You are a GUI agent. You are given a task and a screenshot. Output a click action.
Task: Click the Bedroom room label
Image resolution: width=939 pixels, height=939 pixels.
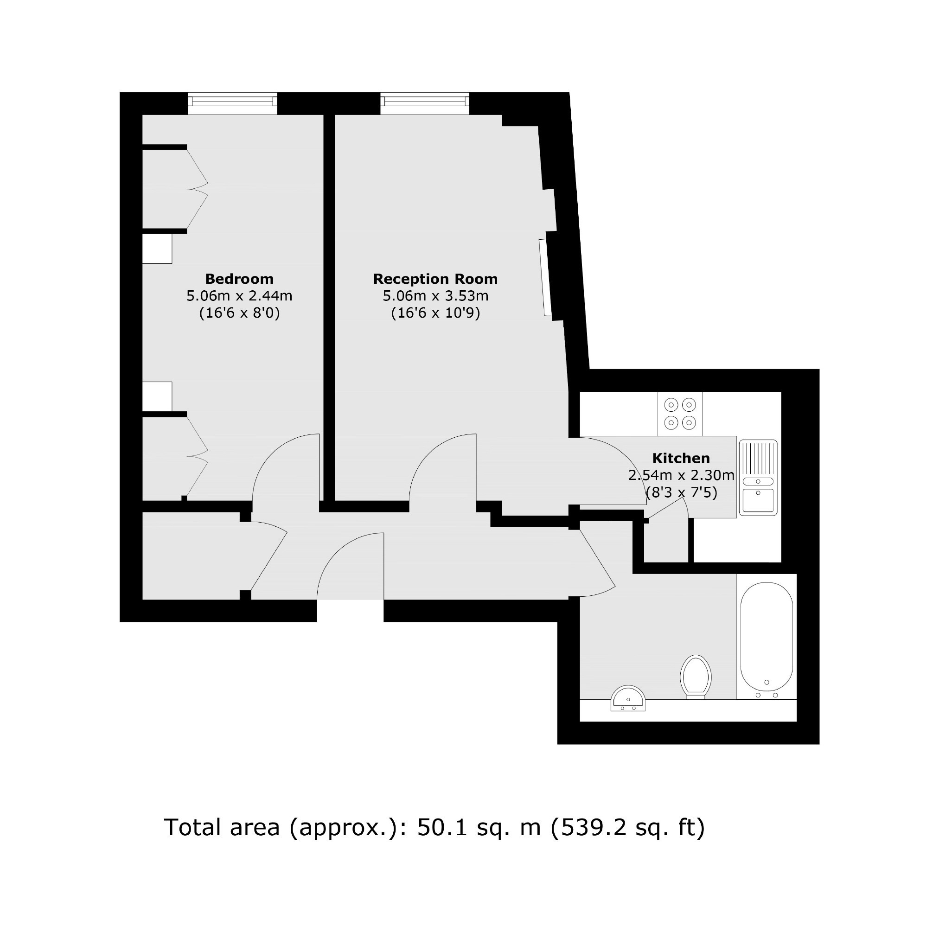[239, 279]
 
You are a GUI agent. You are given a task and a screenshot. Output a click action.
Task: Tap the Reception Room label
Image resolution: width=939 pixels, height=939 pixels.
[435, 279]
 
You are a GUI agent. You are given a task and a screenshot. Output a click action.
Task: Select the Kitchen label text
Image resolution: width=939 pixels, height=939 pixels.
[681, 458]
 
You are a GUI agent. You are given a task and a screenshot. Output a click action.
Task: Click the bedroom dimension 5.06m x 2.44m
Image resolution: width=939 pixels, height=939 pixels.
[239, 295]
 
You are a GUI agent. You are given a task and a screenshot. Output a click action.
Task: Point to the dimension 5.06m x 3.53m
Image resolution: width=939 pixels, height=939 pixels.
[435, 295]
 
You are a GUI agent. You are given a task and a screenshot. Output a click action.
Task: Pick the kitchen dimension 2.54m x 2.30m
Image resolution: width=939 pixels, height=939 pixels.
[681, 475]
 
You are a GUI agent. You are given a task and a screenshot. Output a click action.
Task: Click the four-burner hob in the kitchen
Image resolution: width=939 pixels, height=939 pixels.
[680, 414]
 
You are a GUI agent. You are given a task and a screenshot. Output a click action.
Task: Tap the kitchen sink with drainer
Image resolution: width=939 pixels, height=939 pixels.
[758, 477]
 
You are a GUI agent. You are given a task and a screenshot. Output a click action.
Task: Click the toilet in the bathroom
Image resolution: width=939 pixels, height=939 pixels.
[696, 677]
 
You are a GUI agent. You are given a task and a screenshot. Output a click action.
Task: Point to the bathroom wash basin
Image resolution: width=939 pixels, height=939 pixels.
[628, 698]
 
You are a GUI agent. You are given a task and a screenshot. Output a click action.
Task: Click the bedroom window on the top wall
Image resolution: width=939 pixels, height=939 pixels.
[232, 103]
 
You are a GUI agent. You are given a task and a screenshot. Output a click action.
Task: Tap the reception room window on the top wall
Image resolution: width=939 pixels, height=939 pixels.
[425, 103]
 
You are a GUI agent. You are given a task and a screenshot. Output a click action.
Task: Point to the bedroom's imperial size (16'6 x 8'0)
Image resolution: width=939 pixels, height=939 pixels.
[239, 313]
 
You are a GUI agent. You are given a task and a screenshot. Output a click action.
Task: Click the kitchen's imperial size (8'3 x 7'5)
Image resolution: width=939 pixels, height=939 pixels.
[681, 492]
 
